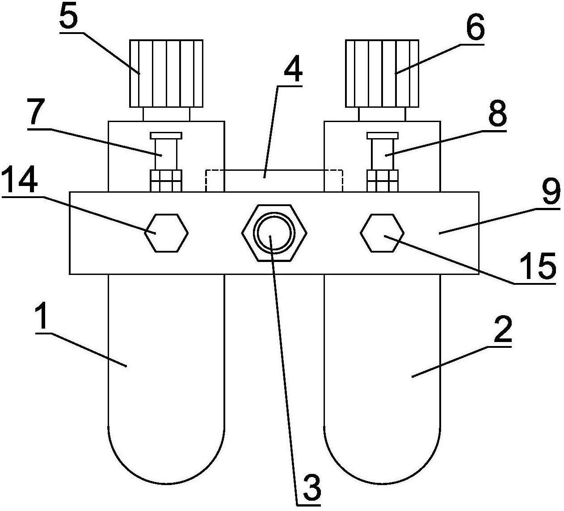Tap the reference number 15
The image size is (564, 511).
pos(537,266)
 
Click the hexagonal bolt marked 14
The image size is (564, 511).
pos(166,233)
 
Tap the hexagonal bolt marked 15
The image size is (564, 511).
pos(383,233)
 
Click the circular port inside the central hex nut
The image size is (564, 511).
pos(274,233)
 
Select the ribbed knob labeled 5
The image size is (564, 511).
pos(166,73)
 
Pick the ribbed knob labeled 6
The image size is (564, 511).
pos(382,73)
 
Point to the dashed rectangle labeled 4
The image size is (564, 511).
pos(274,181)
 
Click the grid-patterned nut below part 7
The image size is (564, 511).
pos(166,181)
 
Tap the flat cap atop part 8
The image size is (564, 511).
pos(383,135)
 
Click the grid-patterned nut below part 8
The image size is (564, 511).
pos(383,181)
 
